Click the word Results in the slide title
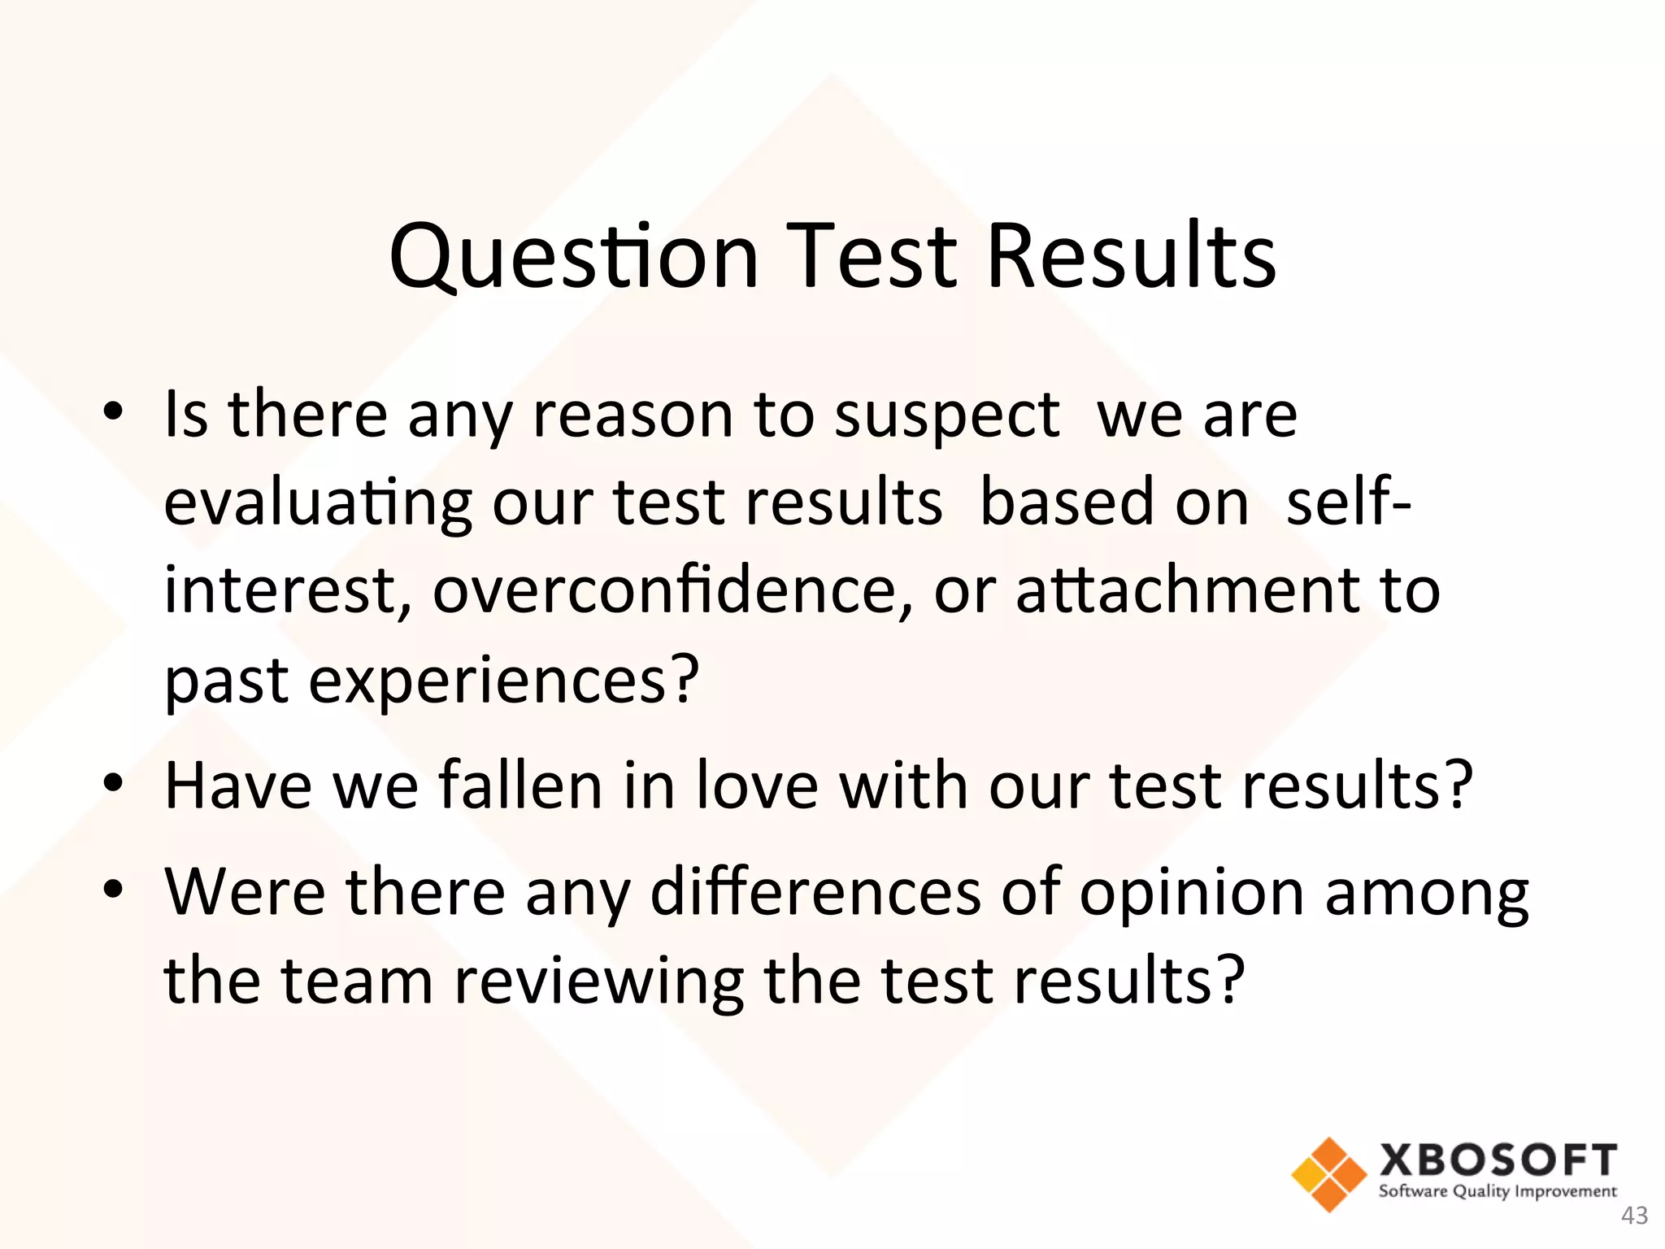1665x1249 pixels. pos(1131,257)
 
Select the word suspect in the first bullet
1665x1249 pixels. pos(947,416)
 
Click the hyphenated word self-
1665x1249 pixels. pos(1350,503)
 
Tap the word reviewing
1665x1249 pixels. pos(598,981)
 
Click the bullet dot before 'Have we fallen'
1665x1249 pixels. pos(113,784)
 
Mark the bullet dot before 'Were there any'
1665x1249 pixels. pos(113,890)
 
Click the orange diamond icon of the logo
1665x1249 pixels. pos(1328,1174)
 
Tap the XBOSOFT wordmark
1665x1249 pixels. pos(1498,1160)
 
